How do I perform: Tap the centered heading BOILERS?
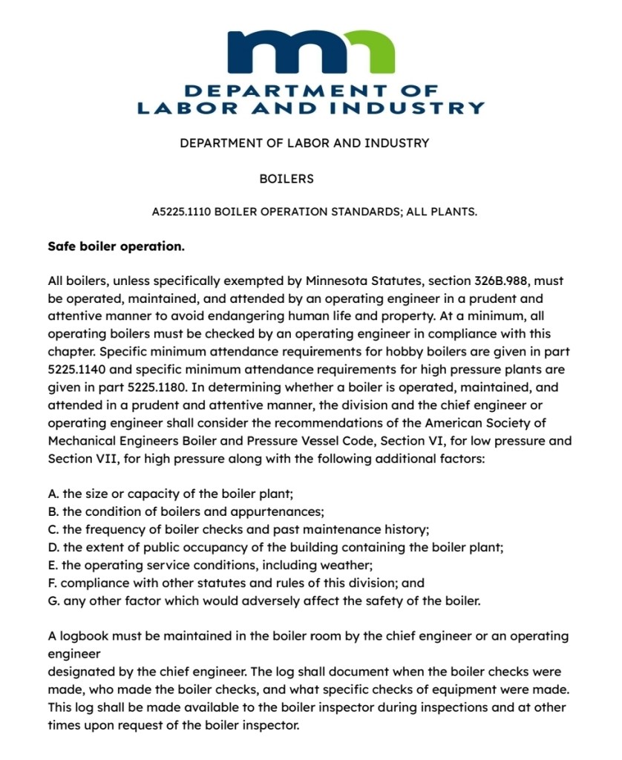point(287,179)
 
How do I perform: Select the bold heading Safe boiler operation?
point(116,246)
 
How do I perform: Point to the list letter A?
point(53,494)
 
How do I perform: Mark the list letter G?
point(53,601)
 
